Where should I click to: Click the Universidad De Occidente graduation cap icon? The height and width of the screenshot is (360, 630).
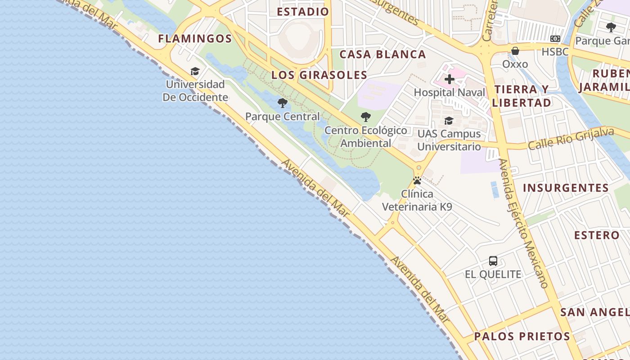[195, 71]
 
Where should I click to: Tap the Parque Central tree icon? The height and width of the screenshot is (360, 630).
[282, 103]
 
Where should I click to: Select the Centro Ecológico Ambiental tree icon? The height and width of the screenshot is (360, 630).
[366, 117]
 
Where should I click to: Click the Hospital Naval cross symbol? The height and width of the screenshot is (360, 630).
[449, 80]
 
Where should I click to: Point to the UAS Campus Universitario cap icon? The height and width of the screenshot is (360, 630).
[449, 121]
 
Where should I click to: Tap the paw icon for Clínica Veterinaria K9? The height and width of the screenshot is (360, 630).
[417, 181]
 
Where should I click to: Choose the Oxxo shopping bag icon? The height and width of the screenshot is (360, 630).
[515, 50]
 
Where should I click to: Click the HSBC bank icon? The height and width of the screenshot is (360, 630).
[555, 39]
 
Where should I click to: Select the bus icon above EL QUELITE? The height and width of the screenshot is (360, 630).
[493, 261]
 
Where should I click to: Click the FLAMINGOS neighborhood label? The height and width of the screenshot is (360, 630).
[195, 39]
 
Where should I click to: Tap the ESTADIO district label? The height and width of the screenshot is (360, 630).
[303, 12]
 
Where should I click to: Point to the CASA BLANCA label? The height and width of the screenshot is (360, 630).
[382, 54]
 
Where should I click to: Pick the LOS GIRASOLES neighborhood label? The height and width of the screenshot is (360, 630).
[319, 75]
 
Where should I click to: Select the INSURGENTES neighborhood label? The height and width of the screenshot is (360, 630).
[566, 188]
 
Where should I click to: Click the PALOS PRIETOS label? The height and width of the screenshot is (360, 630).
[522, 336]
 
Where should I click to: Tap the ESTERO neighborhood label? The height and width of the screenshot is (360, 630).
[597, 235]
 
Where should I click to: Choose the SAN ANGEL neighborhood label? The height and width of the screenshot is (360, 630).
[594, 312]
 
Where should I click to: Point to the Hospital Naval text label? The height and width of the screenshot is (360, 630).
[449, 93]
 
